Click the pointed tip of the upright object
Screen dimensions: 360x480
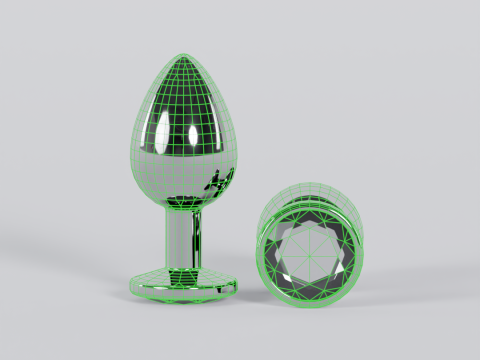[x=187, y=56]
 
